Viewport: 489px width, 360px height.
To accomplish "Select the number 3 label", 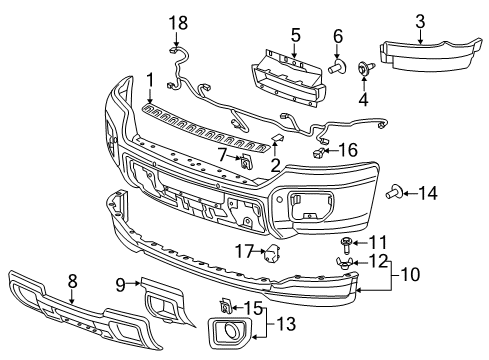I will point(420,19).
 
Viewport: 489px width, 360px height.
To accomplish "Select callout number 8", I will point(72,283).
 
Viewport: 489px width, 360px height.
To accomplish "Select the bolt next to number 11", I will point(343,243).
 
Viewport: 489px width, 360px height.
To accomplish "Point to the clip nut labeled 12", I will point(343,263).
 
